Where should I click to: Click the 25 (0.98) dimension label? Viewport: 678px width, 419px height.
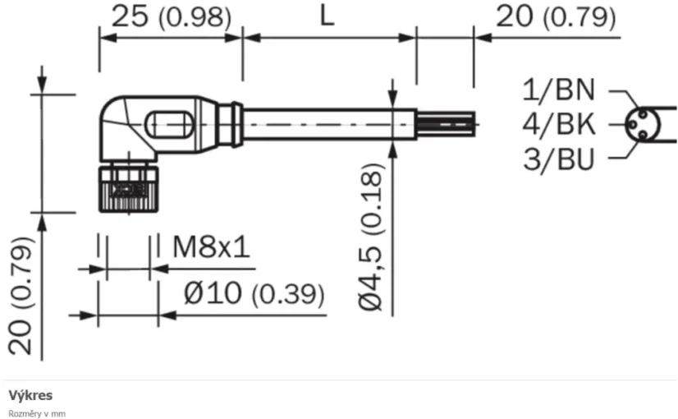tap(171, 16)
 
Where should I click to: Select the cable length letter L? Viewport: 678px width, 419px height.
tap(327, 16)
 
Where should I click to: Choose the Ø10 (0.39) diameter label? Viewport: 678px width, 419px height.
tap(253, 293)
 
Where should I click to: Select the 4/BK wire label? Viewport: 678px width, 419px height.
tap(561, 125)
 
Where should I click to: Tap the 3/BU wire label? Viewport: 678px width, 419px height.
tap(561, 158)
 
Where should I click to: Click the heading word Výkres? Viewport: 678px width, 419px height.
tap(30, 396)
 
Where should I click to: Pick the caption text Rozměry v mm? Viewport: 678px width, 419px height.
tap(37, 413)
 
